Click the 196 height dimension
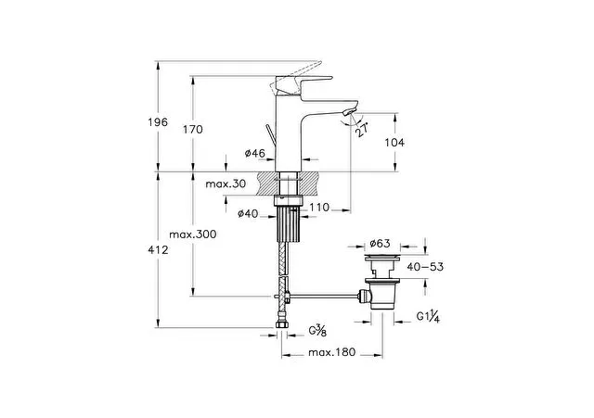(157, 122)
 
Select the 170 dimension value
(193, 130)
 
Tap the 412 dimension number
(158, 249)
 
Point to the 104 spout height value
(394, 142)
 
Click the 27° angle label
(363, 130)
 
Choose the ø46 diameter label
(254, 153)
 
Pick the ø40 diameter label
(248, 214)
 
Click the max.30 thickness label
(226, 184)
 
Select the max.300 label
(193, 234)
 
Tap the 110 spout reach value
(319, 208)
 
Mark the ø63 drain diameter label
(380, 243)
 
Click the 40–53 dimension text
(425, 267)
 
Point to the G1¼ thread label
(428, 317)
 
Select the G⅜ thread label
(317, 331)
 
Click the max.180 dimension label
(332, 352)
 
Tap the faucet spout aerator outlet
(349, 111)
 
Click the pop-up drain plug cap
(381, 258)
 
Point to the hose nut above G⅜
(281, 325)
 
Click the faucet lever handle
(303, 82)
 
